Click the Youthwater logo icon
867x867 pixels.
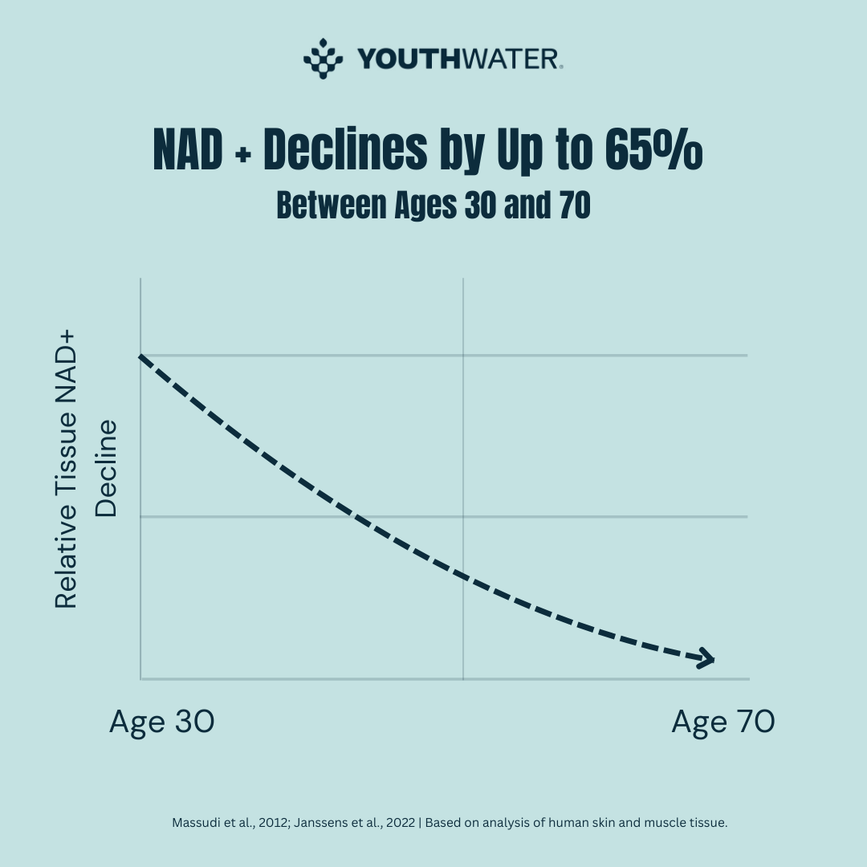pyautogui.click(x=323, y=58)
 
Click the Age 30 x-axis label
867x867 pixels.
pyautogui.click(x=161, y=722)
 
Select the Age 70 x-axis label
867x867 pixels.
pyautogui.click(x=722, y=722)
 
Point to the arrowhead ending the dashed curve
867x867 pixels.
pyautogui.click(x=706, y=659)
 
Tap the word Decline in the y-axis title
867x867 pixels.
pyautogui.click(x=106, y=468)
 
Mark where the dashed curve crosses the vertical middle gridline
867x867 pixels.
pyautogui.click(x=463, y=576)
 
